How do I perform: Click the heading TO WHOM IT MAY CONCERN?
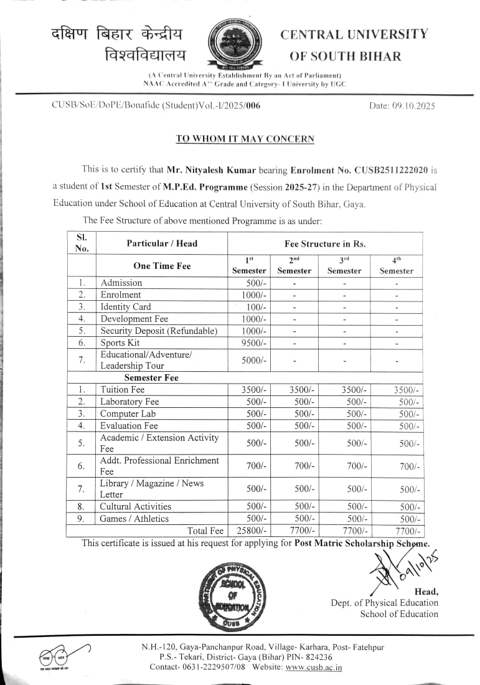245,139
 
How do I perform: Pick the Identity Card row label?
126,306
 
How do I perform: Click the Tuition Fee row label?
123,390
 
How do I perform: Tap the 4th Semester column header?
396,266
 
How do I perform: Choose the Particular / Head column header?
162,243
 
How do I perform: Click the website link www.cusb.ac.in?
314,667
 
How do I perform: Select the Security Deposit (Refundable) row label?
159,331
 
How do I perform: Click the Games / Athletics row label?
134,518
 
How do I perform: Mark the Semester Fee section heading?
151,377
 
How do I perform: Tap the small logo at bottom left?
57,658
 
